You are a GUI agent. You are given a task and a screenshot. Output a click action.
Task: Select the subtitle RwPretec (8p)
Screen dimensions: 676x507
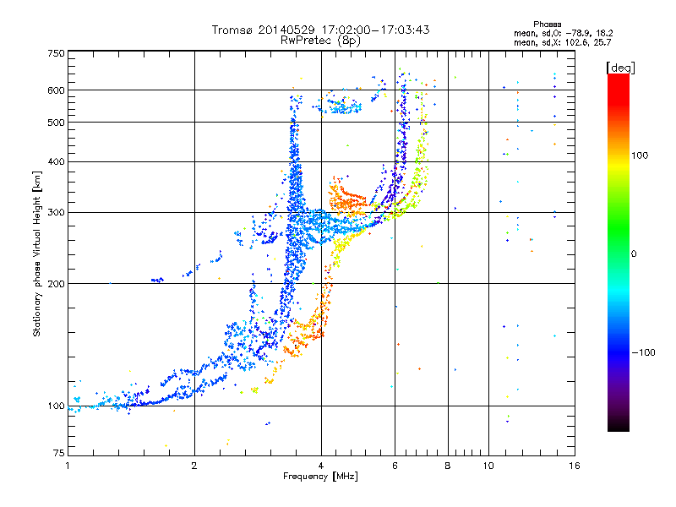click(320, 41)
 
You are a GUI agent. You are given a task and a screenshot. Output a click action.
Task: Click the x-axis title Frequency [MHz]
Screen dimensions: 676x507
click(320, 477)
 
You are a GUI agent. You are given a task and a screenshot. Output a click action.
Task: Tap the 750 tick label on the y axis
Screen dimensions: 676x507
click(56, 53)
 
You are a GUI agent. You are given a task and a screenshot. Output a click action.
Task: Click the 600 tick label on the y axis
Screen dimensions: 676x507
click(56, 90)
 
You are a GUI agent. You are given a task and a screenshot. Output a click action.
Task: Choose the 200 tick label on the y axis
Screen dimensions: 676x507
click(56, 284)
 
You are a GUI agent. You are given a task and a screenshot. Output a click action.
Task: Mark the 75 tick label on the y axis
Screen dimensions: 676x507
click(59, 453)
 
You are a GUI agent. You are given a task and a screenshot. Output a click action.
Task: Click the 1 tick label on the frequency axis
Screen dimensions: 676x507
click(68, 466)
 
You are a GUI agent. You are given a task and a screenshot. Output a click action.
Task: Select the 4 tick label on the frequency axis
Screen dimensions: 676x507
click(321, 466)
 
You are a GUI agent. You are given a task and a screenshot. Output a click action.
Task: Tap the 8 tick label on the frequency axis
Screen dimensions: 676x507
click(448, 466)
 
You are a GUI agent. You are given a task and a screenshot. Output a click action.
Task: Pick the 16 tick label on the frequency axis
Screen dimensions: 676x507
click(575, 466)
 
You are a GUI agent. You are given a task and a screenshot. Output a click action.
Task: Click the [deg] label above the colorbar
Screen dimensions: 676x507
click(620, 68)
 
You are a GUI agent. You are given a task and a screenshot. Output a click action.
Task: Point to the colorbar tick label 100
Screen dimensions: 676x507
click(640, 155)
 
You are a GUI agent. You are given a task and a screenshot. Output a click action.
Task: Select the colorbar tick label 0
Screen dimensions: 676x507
click(634, 254)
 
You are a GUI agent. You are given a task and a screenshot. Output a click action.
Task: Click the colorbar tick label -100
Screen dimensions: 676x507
click(643, 352)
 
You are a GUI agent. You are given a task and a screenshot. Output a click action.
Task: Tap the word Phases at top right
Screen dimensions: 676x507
click(548, 25)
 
